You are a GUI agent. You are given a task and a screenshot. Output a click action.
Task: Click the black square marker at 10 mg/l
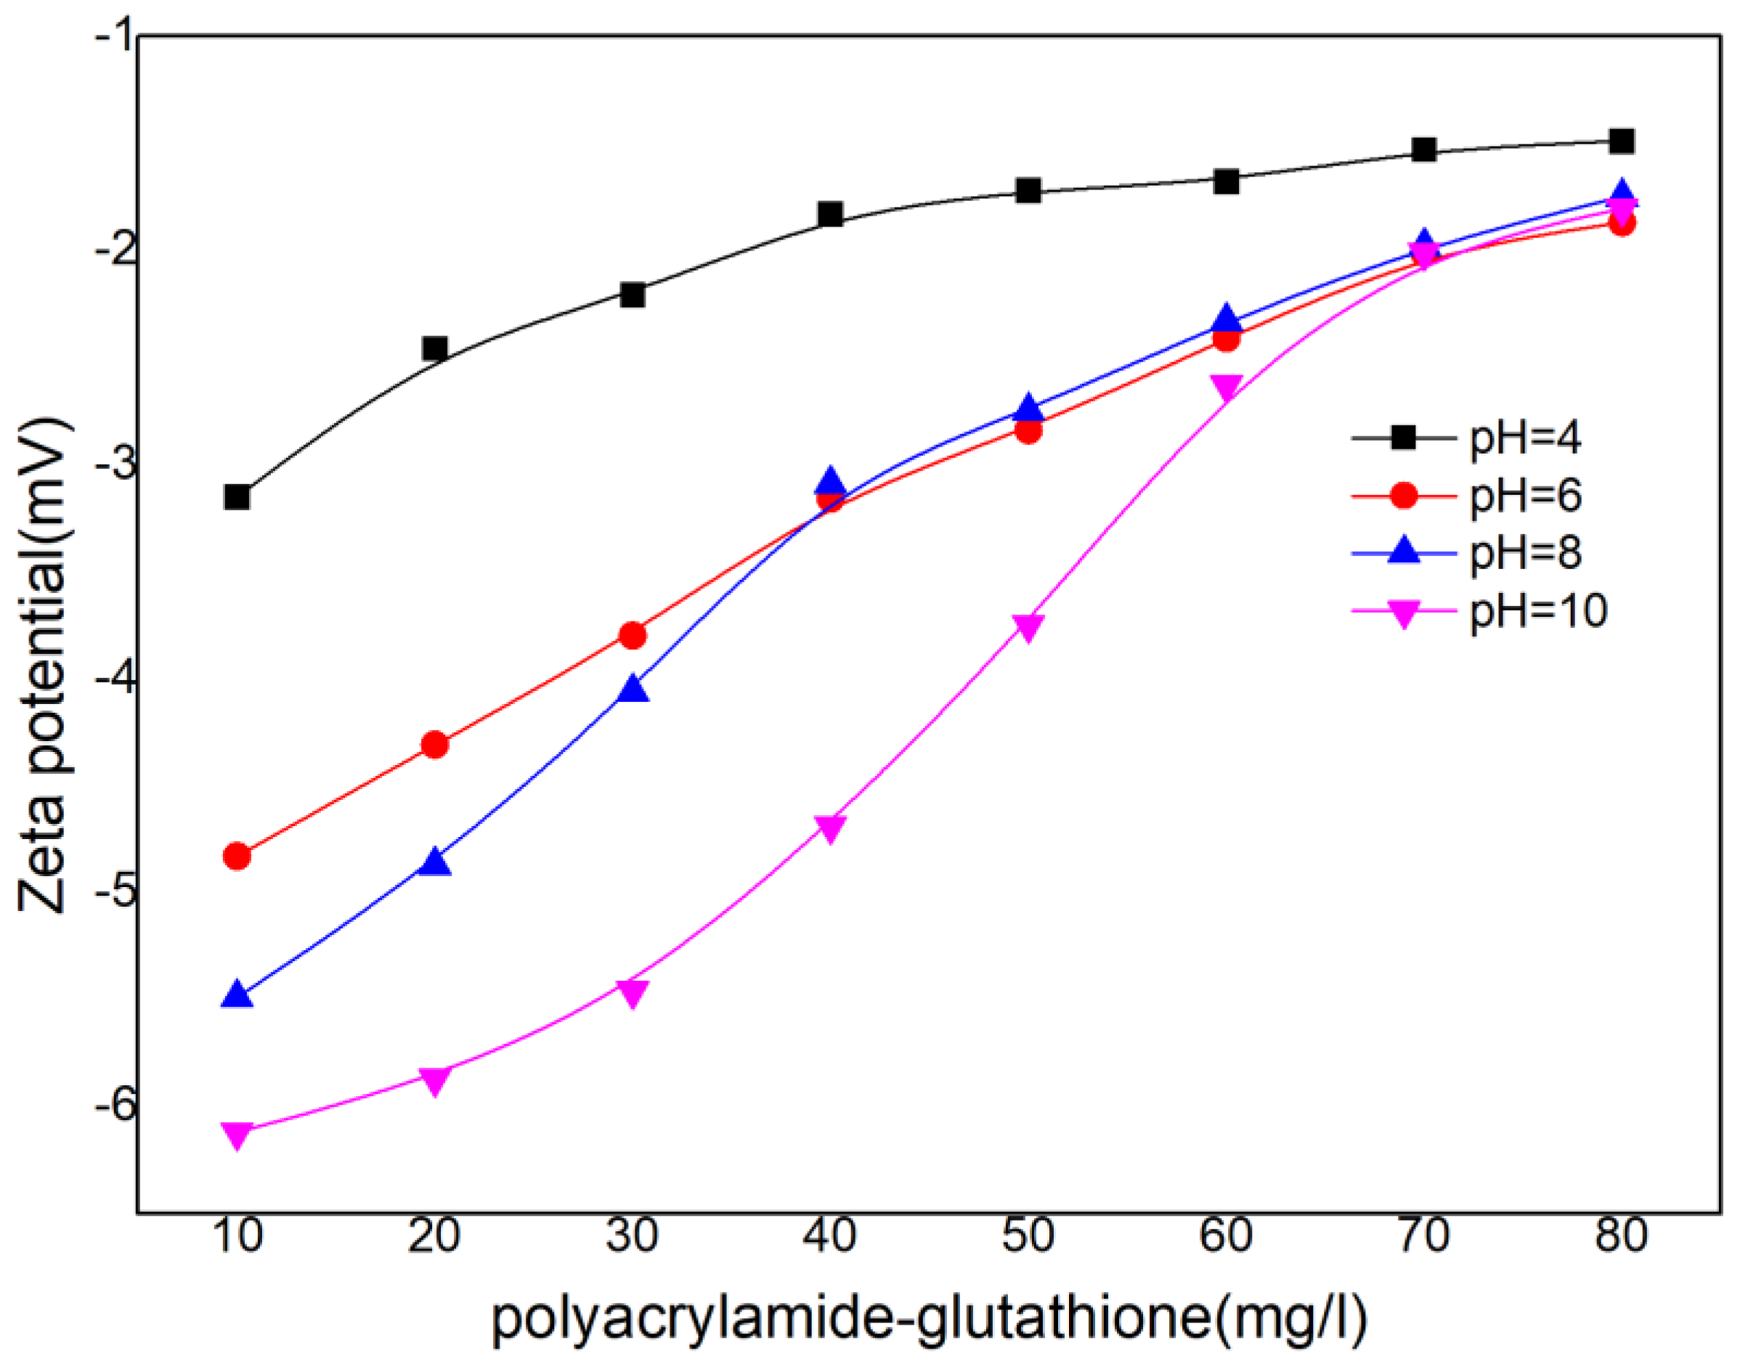click(x=237, y=497)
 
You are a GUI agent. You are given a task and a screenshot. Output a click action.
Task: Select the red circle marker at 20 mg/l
click(x=434, y=745)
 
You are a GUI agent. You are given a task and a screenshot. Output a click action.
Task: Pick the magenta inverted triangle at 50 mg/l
click(x=1028, y=626)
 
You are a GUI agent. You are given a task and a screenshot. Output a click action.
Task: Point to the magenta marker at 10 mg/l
click(x=237, y=1133)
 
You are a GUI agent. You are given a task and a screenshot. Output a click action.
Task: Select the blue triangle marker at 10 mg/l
click(x=237, y=995)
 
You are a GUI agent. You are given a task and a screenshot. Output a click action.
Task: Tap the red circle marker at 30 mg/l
click(x=633, y=635)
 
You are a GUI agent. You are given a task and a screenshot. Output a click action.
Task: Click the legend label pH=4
click(x=1525, y=438)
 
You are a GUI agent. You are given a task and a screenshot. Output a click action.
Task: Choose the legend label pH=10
click(x=1538, y=612)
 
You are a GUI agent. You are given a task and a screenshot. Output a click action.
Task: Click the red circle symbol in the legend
click(x=1404, y=496)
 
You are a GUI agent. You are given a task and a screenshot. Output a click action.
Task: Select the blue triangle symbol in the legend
click(x=1404, y=552)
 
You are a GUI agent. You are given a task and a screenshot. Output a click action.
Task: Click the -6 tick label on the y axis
click(x=114, y=1106)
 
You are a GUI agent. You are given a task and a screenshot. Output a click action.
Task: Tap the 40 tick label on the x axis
click(x=830, y=1236)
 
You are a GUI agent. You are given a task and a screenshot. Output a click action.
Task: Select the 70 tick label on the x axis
click(x=1423, y=1236)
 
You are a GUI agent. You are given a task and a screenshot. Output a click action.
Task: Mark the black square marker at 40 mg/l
click(x=830, y=214)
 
